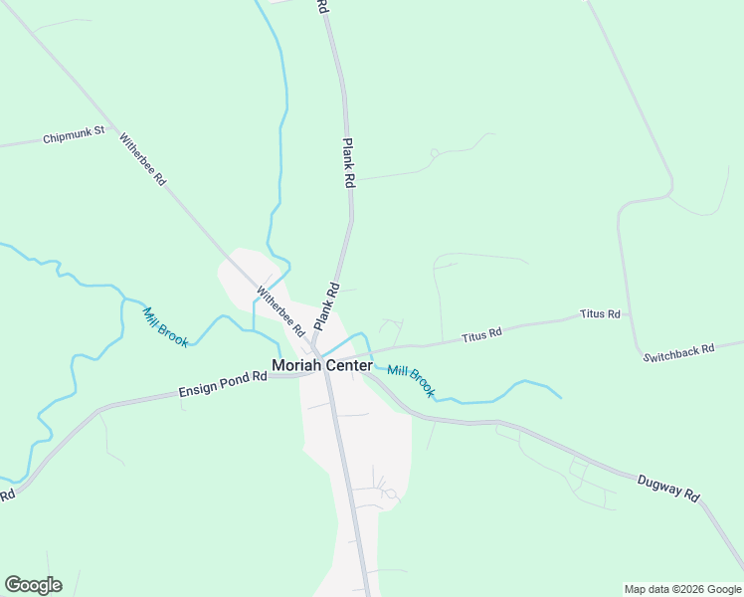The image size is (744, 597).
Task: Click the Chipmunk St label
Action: pos(74,138)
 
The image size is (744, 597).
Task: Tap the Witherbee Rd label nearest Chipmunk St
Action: pos(142,160)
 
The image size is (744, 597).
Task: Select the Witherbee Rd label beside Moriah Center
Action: pos(279,310)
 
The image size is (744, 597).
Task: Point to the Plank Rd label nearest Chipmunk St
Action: pos(349,164)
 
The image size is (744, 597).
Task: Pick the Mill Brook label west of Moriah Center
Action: pos(165,326)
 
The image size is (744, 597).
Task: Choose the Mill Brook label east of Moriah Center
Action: pos(411,381)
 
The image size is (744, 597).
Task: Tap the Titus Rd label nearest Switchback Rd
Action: pos(600,314)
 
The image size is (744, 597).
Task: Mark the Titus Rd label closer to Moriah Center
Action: pos(482,336)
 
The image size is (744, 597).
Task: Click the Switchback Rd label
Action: pos(678,351)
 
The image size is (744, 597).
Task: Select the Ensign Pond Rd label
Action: pos(224,384)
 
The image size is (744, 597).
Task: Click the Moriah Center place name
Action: pos(322,365)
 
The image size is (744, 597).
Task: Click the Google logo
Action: pos(33,585)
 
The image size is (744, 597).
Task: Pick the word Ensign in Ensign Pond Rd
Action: pos(196,389)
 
